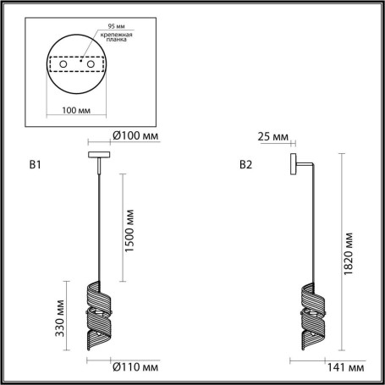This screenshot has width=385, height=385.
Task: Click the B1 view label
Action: coord(35,165)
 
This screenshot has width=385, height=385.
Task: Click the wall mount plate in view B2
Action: coord(292,163)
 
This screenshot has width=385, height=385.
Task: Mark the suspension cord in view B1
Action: coord(100,220)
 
